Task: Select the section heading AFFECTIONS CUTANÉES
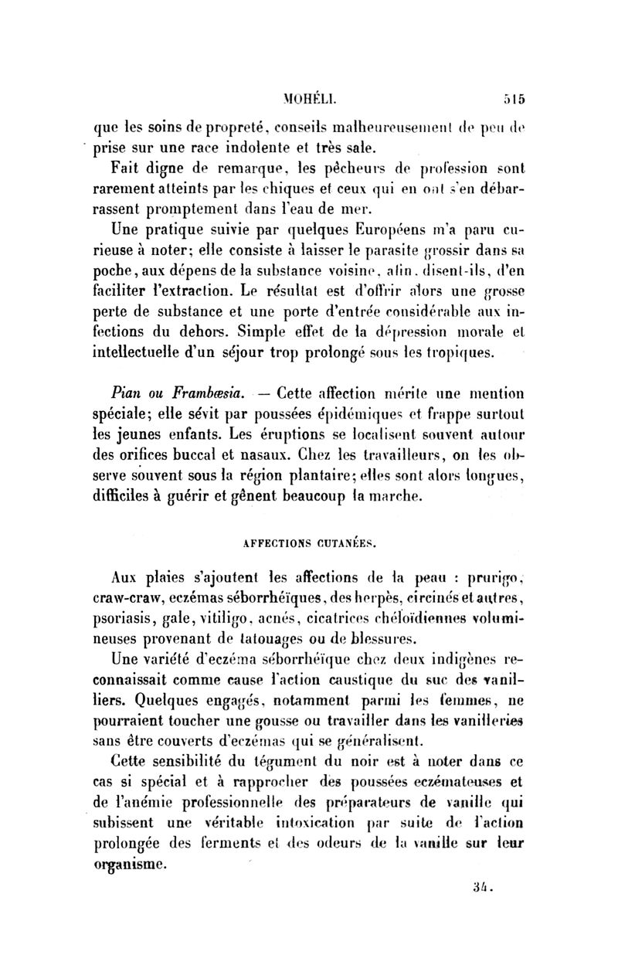point(309,543)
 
